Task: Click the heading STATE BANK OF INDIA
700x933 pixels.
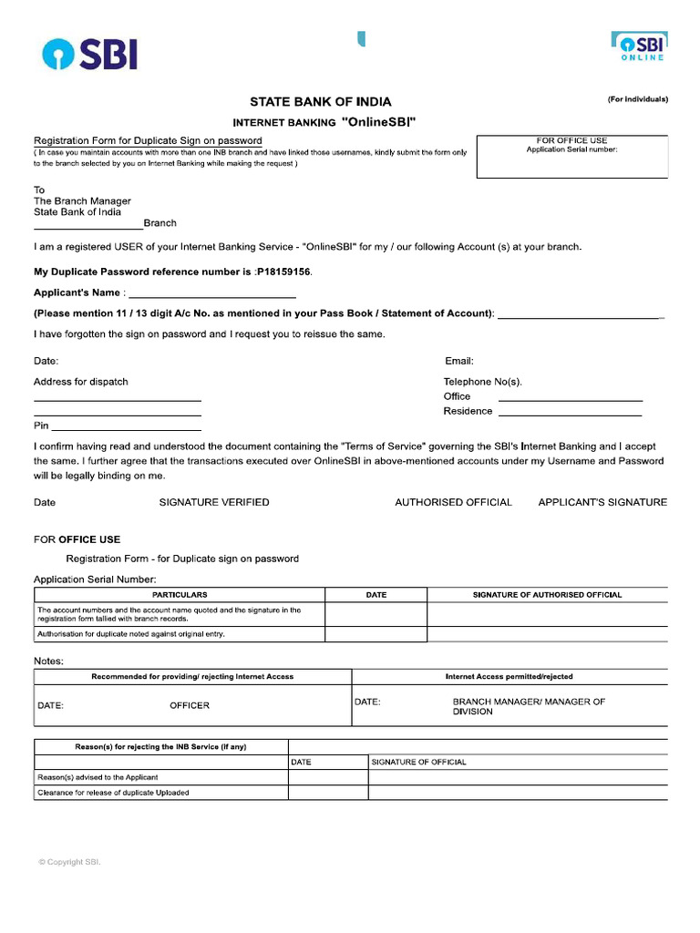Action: coord(321,102)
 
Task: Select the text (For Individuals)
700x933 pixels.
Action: coord(638,99)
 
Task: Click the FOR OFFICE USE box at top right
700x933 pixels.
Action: coord(572,156)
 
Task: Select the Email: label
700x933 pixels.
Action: coord(458,362)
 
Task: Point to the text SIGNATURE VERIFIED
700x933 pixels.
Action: coord(214,502)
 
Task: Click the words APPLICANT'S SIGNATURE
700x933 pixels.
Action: coord(602,502)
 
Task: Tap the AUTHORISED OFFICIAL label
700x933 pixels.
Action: coord(453,502)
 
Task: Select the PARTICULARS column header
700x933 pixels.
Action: coord(180,595)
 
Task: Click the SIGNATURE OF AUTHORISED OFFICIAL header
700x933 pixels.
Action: coord(547,595)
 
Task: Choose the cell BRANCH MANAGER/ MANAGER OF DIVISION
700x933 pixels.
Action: coord(529,706)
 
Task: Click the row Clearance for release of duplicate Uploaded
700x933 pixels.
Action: coord(113,793)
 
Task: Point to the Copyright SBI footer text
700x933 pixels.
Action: coord(69,862)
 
